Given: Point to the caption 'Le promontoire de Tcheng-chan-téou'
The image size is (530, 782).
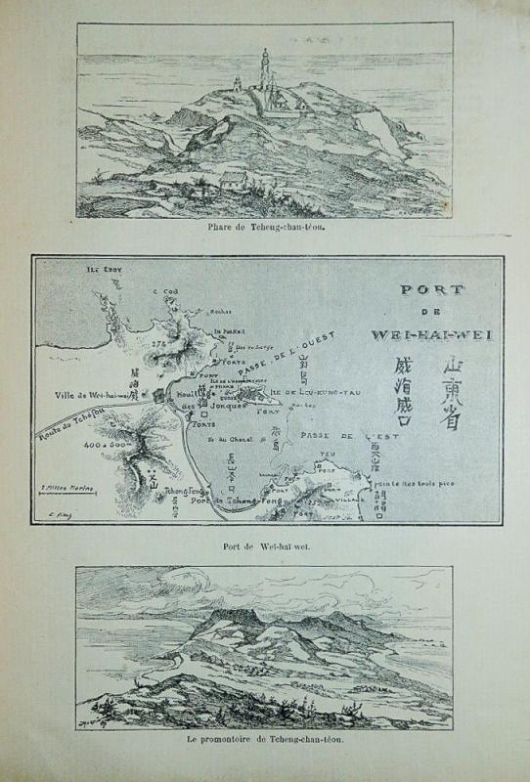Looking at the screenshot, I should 266,740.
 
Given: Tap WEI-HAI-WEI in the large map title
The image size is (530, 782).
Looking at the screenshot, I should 432,334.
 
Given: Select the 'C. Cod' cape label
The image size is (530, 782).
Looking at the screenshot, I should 162,290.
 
